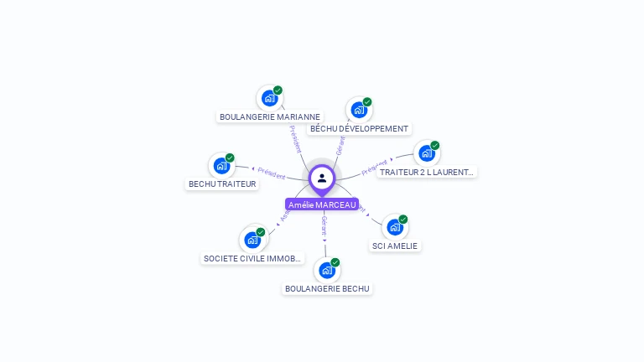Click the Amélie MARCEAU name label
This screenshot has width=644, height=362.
coord(322,204)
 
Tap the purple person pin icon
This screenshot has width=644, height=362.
coord(322,178)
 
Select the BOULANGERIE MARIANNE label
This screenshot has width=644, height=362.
coord(269,117)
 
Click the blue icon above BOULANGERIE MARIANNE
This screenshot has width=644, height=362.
coord(269,98)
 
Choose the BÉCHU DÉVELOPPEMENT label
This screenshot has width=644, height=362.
coord(359,129)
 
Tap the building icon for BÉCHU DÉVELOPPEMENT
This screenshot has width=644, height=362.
coord(359,110)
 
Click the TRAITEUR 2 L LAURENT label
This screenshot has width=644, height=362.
coord(427,172)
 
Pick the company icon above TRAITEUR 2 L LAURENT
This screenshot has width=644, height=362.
coord(427,153)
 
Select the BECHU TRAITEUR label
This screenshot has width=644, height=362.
coord(222,184)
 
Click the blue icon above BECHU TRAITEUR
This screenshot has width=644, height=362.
coord(221,165)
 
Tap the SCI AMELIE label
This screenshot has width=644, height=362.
coord(395,246)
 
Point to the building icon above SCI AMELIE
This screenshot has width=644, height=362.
coord(395,227)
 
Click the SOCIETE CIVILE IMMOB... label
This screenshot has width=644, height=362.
coord(252,258)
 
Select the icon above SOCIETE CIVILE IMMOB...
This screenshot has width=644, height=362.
coord(252,240)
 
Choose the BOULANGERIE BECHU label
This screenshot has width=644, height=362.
coord(327,288)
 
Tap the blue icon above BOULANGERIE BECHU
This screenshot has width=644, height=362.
coord(327,270)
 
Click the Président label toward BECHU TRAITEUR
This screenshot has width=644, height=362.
coord(272,173)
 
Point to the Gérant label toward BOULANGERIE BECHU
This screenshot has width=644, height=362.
coord(324,224)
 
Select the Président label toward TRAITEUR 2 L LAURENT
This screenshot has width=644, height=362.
coord(376,166)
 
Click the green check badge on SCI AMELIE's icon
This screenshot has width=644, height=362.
coord(403,220)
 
